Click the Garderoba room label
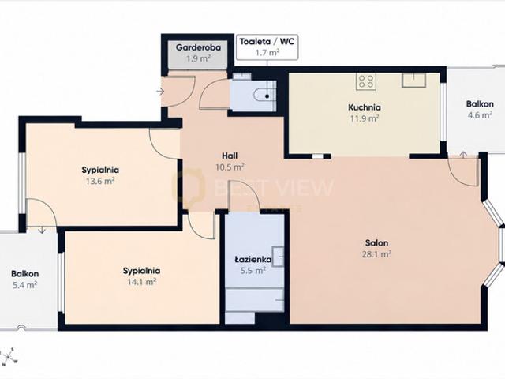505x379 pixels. (198, 47)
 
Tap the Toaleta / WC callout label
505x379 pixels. (267, 42)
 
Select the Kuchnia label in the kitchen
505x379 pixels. (365, 107)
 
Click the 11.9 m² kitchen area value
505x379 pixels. (365, 118)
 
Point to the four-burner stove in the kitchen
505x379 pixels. (366, 81)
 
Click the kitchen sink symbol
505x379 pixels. (413, 81)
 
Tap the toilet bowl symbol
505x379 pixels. (263, 96)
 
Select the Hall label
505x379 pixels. (230, 156)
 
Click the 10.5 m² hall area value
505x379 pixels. (230, 167)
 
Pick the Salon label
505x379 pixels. (376, 242)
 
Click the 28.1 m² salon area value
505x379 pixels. (376, 254)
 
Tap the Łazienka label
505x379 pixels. (252, 260)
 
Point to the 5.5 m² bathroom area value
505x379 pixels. (253, 271)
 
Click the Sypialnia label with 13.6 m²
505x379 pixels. (100, 170)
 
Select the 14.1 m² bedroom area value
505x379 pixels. (142, 282)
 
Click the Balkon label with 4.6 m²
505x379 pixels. (480, 104)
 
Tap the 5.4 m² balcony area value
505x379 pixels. (24, 285)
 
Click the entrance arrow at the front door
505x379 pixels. (160, 92)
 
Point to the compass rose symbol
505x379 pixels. (9, 357)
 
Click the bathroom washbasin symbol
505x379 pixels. (278, 257)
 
